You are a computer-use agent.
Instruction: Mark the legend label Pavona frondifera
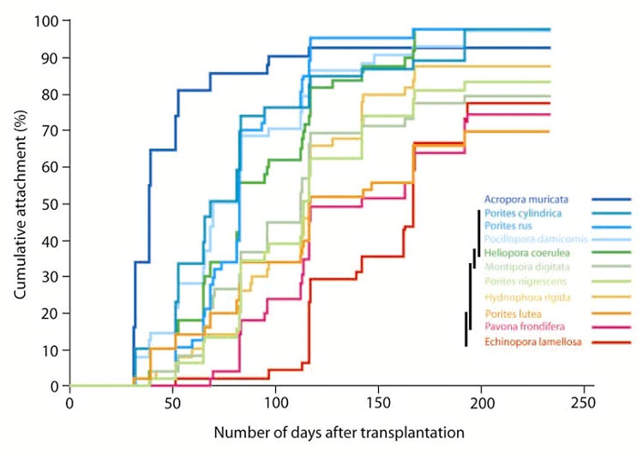(x=522, y=327)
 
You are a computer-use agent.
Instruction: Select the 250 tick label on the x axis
(x=583, y=403)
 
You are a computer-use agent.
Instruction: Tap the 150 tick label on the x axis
(x=378, y=403)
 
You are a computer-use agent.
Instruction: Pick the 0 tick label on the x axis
(x=69, y=403)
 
